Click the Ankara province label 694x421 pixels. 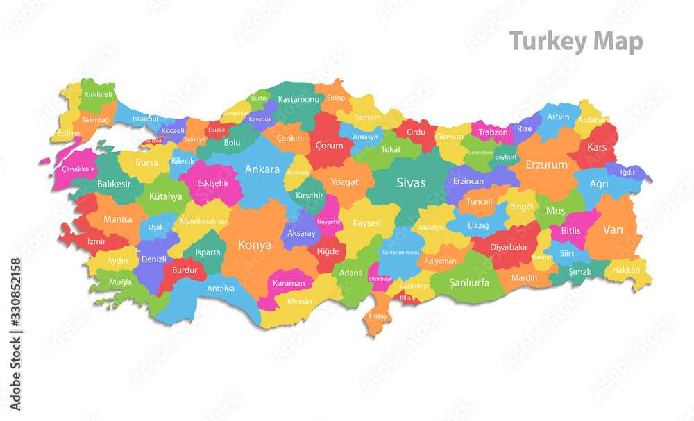click(262, 169)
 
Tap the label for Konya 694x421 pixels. click(255, 245)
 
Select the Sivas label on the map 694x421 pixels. click(411, 183)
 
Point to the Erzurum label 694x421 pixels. click(546, 165)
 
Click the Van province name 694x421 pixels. click(613, 230)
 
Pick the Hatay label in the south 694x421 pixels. click(378, 316)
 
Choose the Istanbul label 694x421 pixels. click(145, 119)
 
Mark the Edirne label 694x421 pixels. click(69, 133)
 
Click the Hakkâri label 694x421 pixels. click(625, 270)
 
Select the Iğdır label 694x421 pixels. click(627, 172)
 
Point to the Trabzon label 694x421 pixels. click(493, 132)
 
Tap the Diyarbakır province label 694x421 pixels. click(509, 247)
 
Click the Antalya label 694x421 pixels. click(221, 289)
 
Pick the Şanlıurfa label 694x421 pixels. click(469, 282)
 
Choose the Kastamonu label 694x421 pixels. click(298, 99)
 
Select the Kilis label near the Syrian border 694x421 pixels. click(405, 297)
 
